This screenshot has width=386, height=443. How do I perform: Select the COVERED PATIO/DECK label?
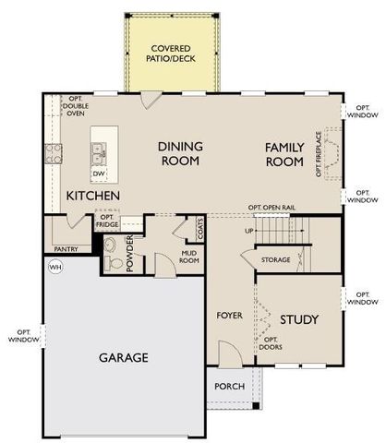(x=173, y=52)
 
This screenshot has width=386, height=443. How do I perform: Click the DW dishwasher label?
(x=99, y=173)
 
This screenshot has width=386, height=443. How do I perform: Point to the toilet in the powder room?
(x=111, y=262)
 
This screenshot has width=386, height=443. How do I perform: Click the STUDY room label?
(x=299, y=319)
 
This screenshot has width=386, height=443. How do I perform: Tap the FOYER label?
(x=229, y=315)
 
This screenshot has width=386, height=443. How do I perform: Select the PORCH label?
(x=229, y=386)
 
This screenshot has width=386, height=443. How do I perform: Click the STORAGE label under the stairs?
(x=275, y=260)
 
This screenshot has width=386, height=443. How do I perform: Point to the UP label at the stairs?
(x=248, y=231)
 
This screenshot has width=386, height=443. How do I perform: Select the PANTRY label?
(x=66, y=249)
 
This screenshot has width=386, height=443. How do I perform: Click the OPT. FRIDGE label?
(x=105, y=221)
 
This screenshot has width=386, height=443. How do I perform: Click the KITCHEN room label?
(x=91, y=196)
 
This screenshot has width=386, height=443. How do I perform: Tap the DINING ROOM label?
(x=181, y=153)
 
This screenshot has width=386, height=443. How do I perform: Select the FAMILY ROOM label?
(x=283, y=154)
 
